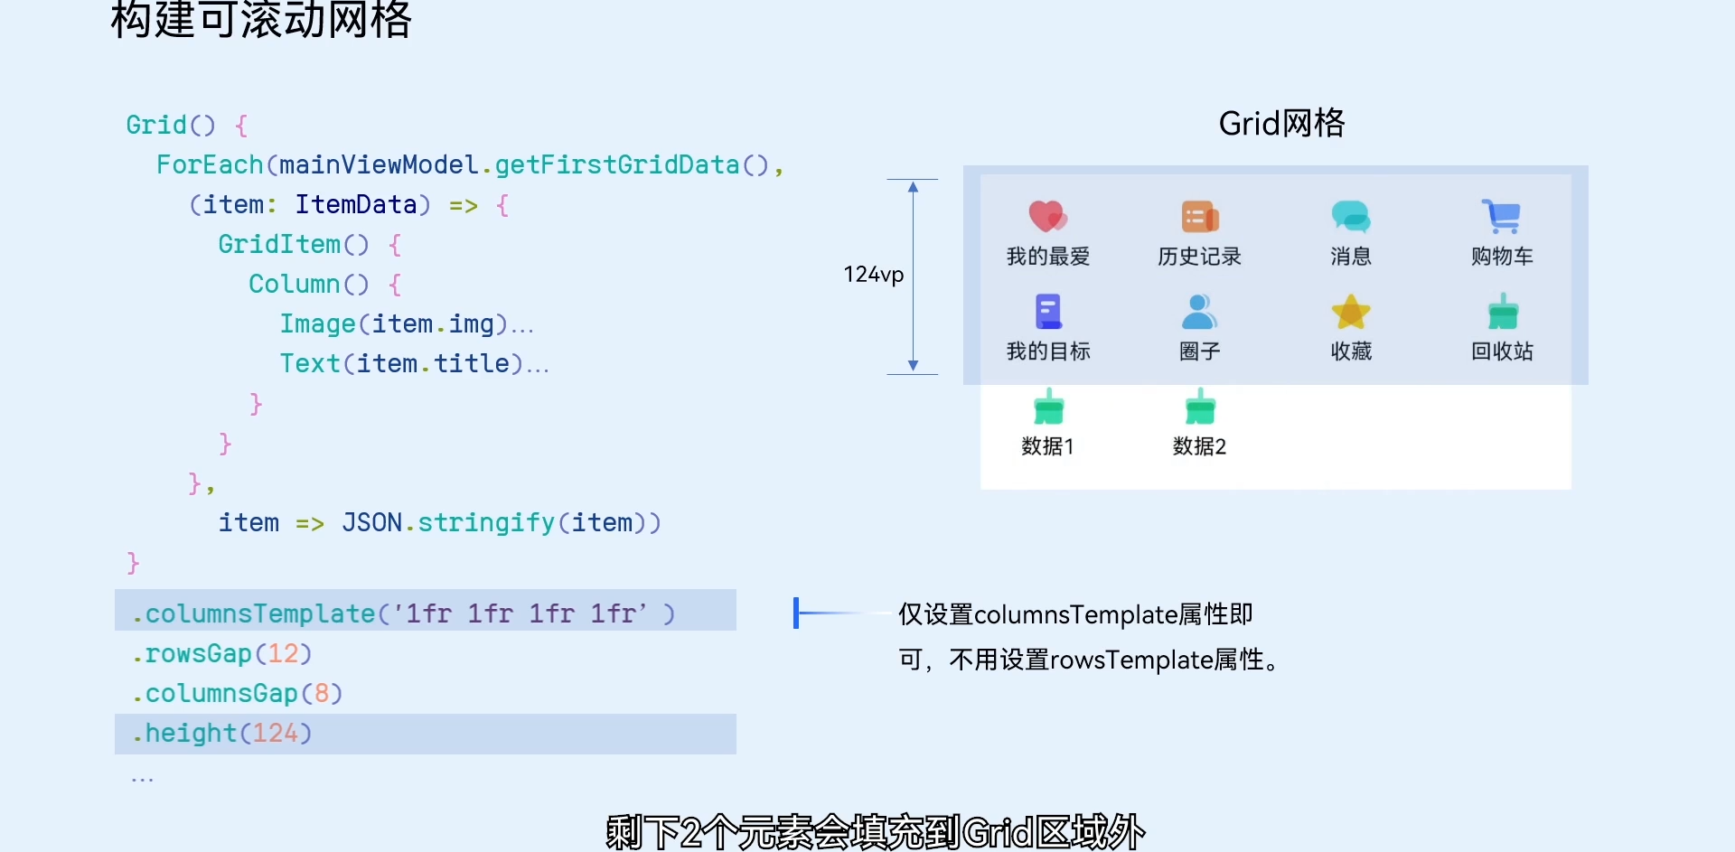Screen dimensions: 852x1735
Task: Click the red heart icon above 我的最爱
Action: [1047, 216]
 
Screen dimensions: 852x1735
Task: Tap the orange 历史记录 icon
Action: [1199, 217]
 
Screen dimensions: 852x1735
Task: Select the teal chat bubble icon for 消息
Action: [1350, 217]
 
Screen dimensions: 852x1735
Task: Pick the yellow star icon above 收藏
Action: [1350, 312]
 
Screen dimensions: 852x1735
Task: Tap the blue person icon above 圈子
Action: [1199, 312]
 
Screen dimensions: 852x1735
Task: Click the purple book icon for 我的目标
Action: [1047, 312]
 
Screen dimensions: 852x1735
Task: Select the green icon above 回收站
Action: [1502, 312]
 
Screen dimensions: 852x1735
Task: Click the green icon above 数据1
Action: [1048, 407]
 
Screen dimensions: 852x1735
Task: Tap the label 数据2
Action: [1199, 446]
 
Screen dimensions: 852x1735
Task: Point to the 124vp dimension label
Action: [873, 275]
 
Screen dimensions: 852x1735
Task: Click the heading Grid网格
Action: [1281, 123]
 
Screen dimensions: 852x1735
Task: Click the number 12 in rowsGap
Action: [283, 653]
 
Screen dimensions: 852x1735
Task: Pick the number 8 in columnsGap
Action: [321, 693]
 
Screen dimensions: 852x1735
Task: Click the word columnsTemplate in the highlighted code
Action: [259, 613]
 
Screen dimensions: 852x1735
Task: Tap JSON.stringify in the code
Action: [447, 523]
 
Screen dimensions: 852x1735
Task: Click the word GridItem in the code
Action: [279, 244]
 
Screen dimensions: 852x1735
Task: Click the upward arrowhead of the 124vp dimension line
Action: [913, 187]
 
